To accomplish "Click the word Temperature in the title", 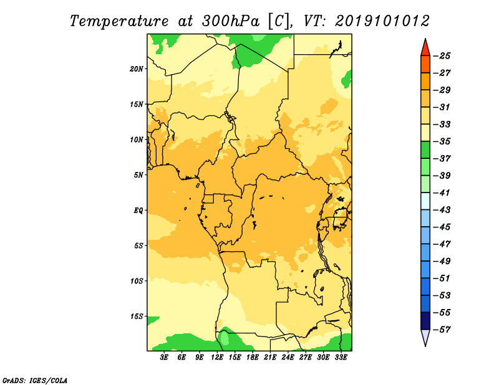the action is click(119, 21).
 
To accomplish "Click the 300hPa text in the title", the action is click(231, 21).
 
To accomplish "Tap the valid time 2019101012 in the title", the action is click(382, 21).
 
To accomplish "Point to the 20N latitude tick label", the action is click(137, 69).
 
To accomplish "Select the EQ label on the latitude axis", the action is click(138, 211).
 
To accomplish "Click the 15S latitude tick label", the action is click(137, 316).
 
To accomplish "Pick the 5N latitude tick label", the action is click(138, 175).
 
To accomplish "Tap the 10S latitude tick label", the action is click(137, 281).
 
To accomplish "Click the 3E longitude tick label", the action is click(164, 358).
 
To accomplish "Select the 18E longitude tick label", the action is click(253, 358).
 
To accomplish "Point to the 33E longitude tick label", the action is click(341, 358).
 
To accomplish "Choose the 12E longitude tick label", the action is click(217, 358).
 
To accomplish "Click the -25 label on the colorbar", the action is click(442, 56).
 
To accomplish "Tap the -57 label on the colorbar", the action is click(442, 330).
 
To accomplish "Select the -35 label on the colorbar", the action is click(442, 141).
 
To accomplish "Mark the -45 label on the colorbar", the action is click(442, 227).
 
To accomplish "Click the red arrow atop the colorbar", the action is click(425, 49).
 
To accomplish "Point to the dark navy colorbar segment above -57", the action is click(425, 321).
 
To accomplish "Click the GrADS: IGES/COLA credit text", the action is click(35, 381).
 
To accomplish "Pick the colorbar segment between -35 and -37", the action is click(425, 150).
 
